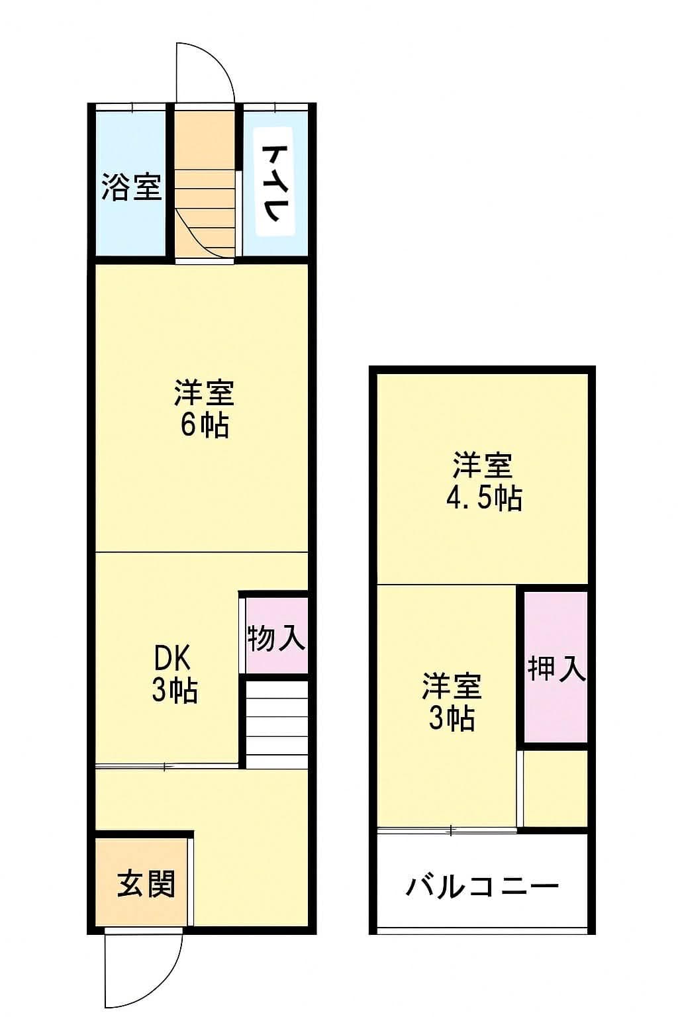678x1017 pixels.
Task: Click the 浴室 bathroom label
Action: [x=131, y=187]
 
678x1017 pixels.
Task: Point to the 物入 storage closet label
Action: [x=276, y=638]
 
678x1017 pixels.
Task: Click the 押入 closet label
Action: [x=556, y=669]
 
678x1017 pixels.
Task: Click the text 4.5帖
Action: [x=483, y=497]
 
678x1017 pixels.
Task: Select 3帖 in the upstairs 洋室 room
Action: [x=452, y=718]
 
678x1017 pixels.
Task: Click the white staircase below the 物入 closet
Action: [x=277, y=724]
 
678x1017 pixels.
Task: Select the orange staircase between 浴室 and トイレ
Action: [x=205, y=199]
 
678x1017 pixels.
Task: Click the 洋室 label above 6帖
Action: [x=204, y=393]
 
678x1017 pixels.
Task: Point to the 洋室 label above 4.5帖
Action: [x=483, y=465]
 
